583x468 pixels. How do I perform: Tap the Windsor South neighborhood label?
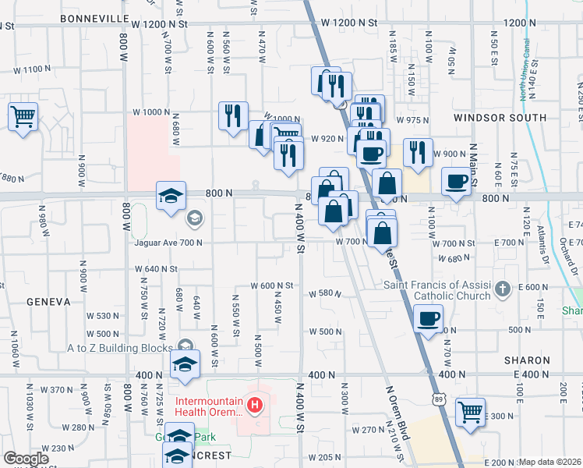[x=500, y=118]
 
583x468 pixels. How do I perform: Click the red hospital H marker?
[x=254, y=405]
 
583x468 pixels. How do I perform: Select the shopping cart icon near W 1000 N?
[x=23, y=117]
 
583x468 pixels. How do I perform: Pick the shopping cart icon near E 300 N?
[x=470, y=411]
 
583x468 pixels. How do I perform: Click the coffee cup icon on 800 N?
[x=456, y=183]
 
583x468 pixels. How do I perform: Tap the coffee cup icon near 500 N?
[x=429, y=318]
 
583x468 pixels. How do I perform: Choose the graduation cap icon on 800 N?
[x=171, y=195]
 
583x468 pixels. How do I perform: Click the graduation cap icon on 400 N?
[x=185, y=363]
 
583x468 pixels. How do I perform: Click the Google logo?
[x=26, y=459]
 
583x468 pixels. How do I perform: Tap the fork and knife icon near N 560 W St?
[x=233, y=115]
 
